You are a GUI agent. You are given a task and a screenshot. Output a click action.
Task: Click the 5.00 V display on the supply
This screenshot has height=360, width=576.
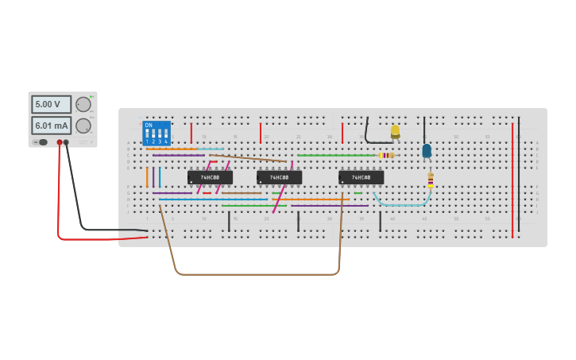click(x=51, y=104)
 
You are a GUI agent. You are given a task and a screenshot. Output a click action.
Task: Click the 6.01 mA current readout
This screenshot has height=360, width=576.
click(x=51, y=126)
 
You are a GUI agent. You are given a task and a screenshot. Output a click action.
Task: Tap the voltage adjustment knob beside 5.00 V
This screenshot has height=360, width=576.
click(x=83, y=104)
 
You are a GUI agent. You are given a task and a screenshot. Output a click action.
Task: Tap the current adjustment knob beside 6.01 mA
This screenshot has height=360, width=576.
click(x=83, y=126)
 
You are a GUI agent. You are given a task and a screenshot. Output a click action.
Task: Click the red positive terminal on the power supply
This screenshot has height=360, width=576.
click(x=59, y=142)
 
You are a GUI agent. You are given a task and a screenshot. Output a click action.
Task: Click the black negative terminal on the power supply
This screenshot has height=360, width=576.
click(x=67, y=142)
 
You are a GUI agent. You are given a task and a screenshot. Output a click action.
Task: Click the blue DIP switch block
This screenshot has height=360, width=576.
click(x=156, y=131)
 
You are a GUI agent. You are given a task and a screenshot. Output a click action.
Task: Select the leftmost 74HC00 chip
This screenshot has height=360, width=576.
click(x=210, y=177)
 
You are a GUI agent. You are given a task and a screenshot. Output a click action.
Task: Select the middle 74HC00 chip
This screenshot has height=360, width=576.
click(x=279, y=177)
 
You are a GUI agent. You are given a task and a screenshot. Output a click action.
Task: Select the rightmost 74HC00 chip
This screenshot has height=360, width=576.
click(x=361, y=177)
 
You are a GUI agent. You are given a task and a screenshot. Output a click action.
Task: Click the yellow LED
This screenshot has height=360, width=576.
click(x=395, y=130)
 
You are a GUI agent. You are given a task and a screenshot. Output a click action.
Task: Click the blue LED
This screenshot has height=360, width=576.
click(x=427, y=149)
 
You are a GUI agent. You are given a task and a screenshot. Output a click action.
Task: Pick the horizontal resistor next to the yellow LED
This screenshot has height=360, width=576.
click(x=386, y=155)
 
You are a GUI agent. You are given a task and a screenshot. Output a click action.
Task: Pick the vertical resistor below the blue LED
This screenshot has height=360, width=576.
click(x=431, y=180)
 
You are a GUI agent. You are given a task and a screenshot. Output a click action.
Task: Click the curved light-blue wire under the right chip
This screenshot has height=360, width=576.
click(x=402, y=204)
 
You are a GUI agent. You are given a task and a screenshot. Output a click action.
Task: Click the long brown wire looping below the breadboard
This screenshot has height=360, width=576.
click(x=254, y=274)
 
